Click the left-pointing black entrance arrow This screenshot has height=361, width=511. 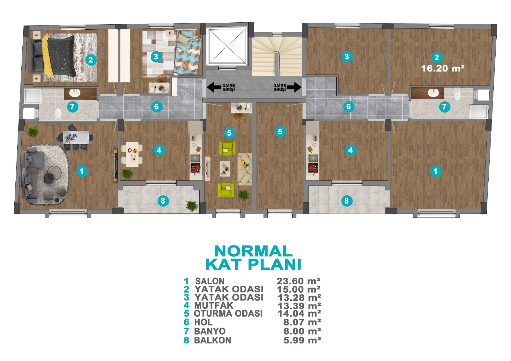[214, 87]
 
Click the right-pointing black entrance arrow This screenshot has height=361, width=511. [294, 87]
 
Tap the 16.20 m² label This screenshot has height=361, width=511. [443, 68]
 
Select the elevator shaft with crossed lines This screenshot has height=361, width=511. [227, 46]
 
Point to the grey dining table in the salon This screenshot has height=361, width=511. [76, 137]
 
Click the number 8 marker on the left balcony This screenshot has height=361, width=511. [163, 201]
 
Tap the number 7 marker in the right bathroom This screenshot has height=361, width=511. [444, 107]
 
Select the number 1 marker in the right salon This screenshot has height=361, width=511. [436, 171]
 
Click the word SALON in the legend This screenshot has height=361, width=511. [210, 281]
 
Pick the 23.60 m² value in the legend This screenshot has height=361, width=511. [298, 281]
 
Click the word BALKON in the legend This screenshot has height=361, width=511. [213, 340]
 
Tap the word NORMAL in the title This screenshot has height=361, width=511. [254, 251]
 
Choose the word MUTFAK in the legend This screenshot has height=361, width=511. [214, 305]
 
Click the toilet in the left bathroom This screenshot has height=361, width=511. [58, 114]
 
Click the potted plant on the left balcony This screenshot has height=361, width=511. [192, 206]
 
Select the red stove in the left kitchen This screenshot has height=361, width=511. [195, 168]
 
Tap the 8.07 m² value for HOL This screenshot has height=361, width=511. [302, 322]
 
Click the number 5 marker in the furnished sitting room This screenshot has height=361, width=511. [229, 133]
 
